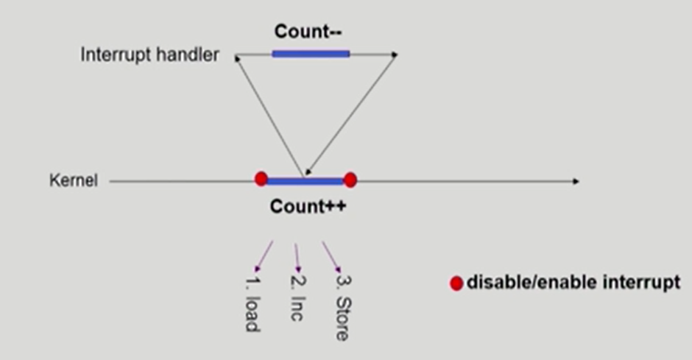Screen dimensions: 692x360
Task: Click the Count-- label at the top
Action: tap(309, 32)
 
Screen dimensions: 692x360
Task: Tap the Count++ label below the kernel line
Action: tap(308, 206)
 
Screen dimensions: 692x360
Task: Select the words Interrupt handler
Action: tap(149, 55)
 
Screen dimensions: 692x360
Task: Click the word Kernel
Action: tap(73, 180)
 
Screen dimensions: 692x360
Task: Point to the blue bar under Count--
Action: tap(311, 53)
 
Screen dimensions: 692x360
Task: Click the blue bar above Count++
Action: tap(305, 180)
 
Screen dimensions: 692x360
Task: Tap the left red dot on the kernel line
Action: tap(261, 179)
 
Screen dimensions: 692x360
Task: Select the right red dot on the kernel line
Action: tap(350, 180)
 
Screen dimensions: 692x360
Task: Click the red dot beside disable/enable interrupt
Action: tap(456, 283)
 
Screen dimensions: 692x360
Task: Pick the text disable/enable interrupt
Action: tap(573, 283)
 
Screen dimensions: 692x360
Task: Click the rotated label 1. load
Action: tap(251, 304)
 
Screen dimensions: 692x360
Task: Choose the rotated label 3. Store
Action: tap(342, 308)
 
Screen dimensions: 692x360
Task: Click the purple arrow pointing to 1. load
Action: tap(264, 256)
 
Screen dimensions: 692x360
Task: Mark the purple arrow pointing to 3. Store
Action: tap(331, 257)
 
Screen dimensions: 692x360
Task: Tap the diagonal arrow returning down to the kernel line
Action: tap(351, 115)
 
